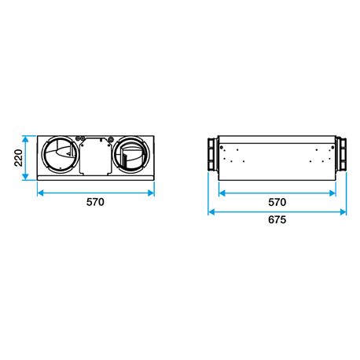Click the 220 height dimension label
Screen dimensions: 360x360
pos(18,158)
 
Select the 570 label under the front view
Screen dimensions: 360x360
pos(95,202)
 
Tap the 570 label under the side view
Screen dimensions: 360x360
pos(277,202)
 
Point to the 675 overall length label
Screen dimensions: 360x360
pos(277,219)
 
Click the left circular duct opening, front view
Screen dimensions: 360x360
pos(61,155)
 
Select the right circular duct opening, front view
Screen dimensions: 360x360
pos(131,155)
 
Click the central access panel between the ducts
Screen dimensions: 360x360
pos(96,156)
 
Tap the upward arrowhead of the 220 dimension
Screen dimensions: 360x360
pos(25,139)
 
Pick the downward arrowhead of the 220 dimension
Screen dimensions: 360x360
pos(25,177)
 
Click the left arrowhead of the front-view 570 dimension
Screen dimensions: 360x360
pos(41,193)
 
